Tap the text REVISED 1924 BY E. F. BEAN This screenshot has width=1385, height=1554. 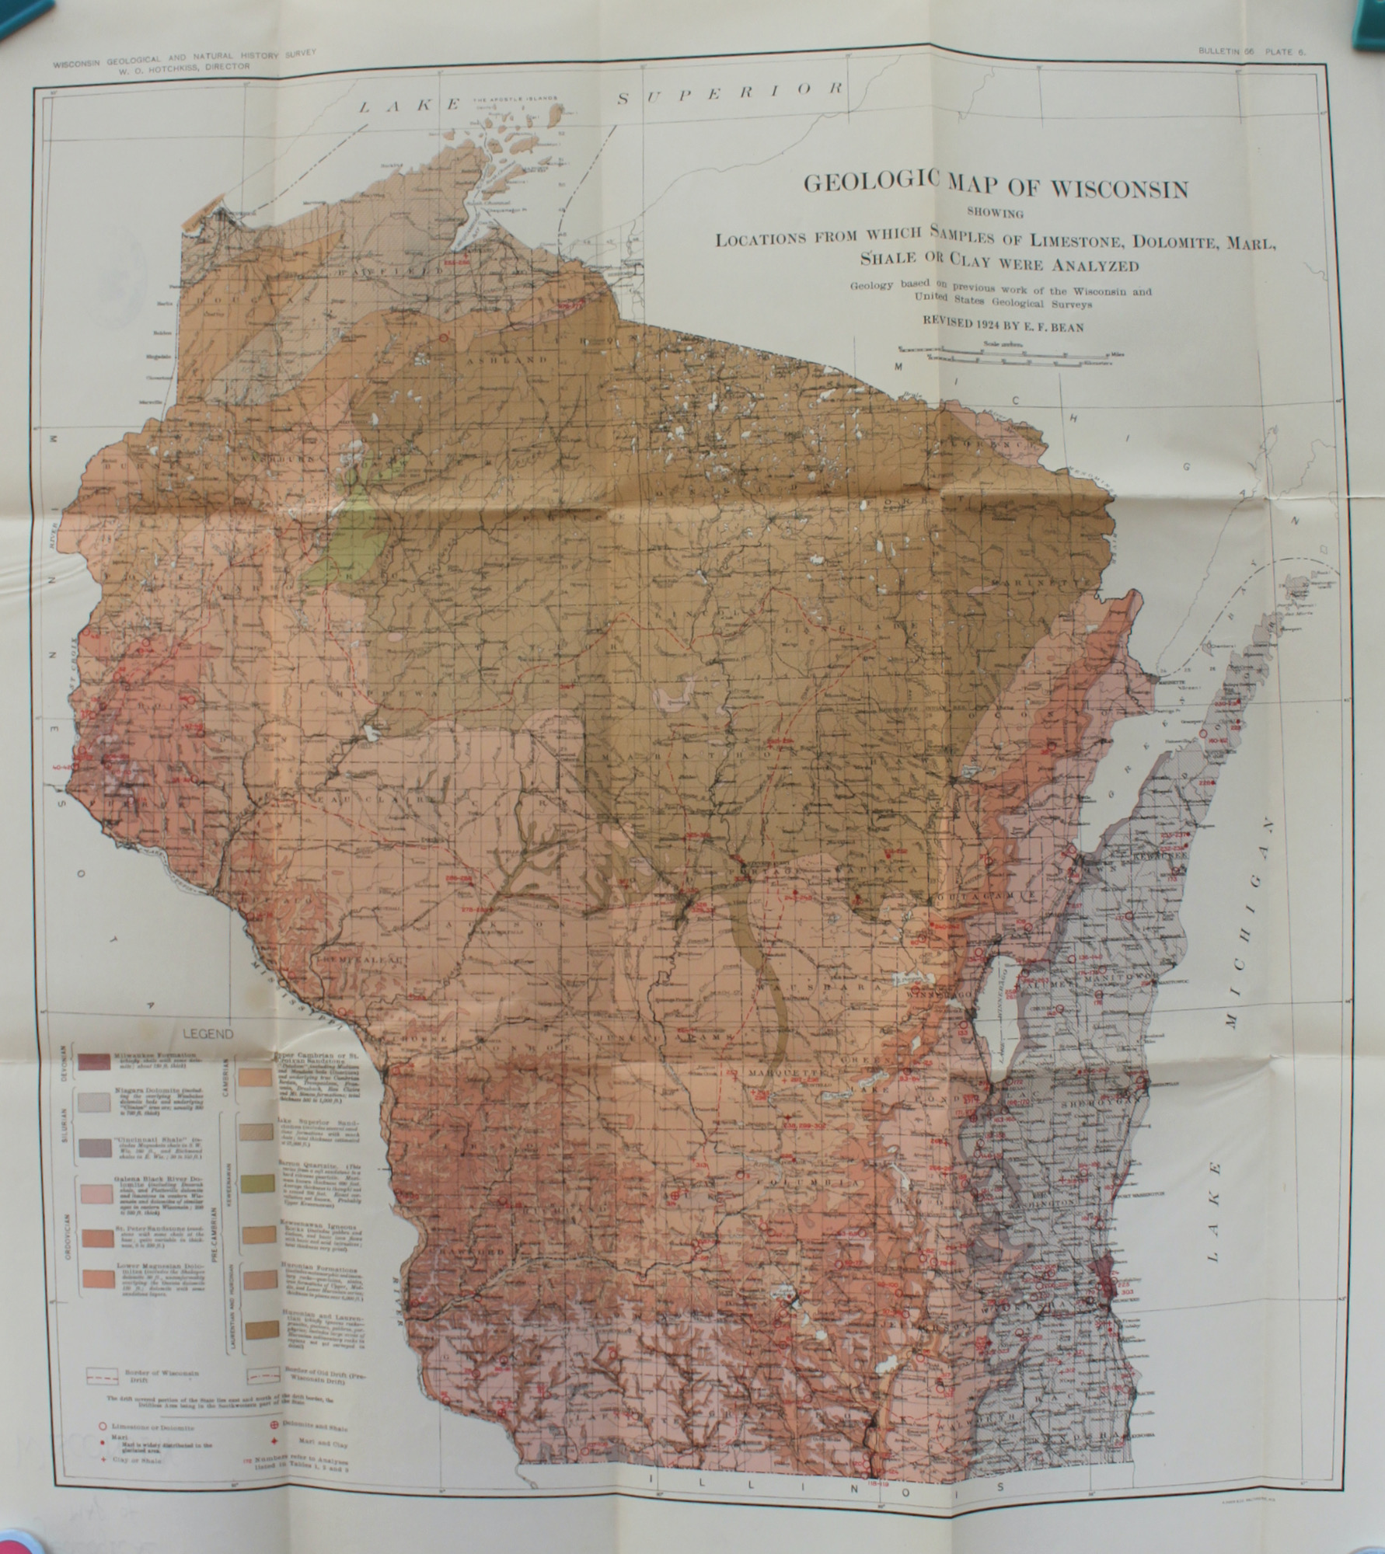(x=1002, y=326)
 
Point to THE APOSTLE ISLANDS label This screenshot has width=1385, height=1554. (x=514, y=99)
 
